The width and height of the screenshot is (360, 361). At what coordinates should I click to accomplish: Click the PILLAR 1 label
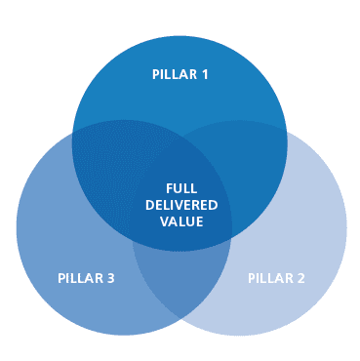click(x=180, y=74)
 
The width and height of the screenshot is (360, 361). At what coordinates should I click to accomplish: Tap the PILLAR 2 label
click(x=276, y=278)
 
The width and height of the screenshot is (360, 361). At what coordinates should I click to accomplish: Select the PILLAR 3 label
click(x=86, y=278)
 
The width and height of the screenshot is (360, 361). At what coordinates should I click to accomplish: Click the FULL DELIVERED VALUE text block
click(x=181, y=205)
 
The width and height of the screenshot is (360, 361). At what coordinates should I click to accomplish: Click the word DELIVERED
click(x=181, y=205)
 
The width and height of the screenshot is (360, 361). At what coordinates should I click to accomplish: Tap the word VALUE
click(x=181, y=221)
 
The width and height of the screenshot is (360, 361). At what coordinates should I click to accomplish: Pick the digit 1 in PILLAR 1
click(x=205, y=74)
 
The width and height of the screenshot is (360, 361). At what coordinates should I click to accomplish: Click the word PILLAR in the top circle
click(x=174, y=74)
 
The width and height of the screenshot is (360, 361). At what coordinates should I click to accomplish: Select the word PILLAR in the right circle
click(x=269, y=278)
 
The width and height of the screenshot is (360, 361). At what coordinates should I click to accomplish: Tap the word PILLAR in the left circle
click(x=79, y=278)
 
